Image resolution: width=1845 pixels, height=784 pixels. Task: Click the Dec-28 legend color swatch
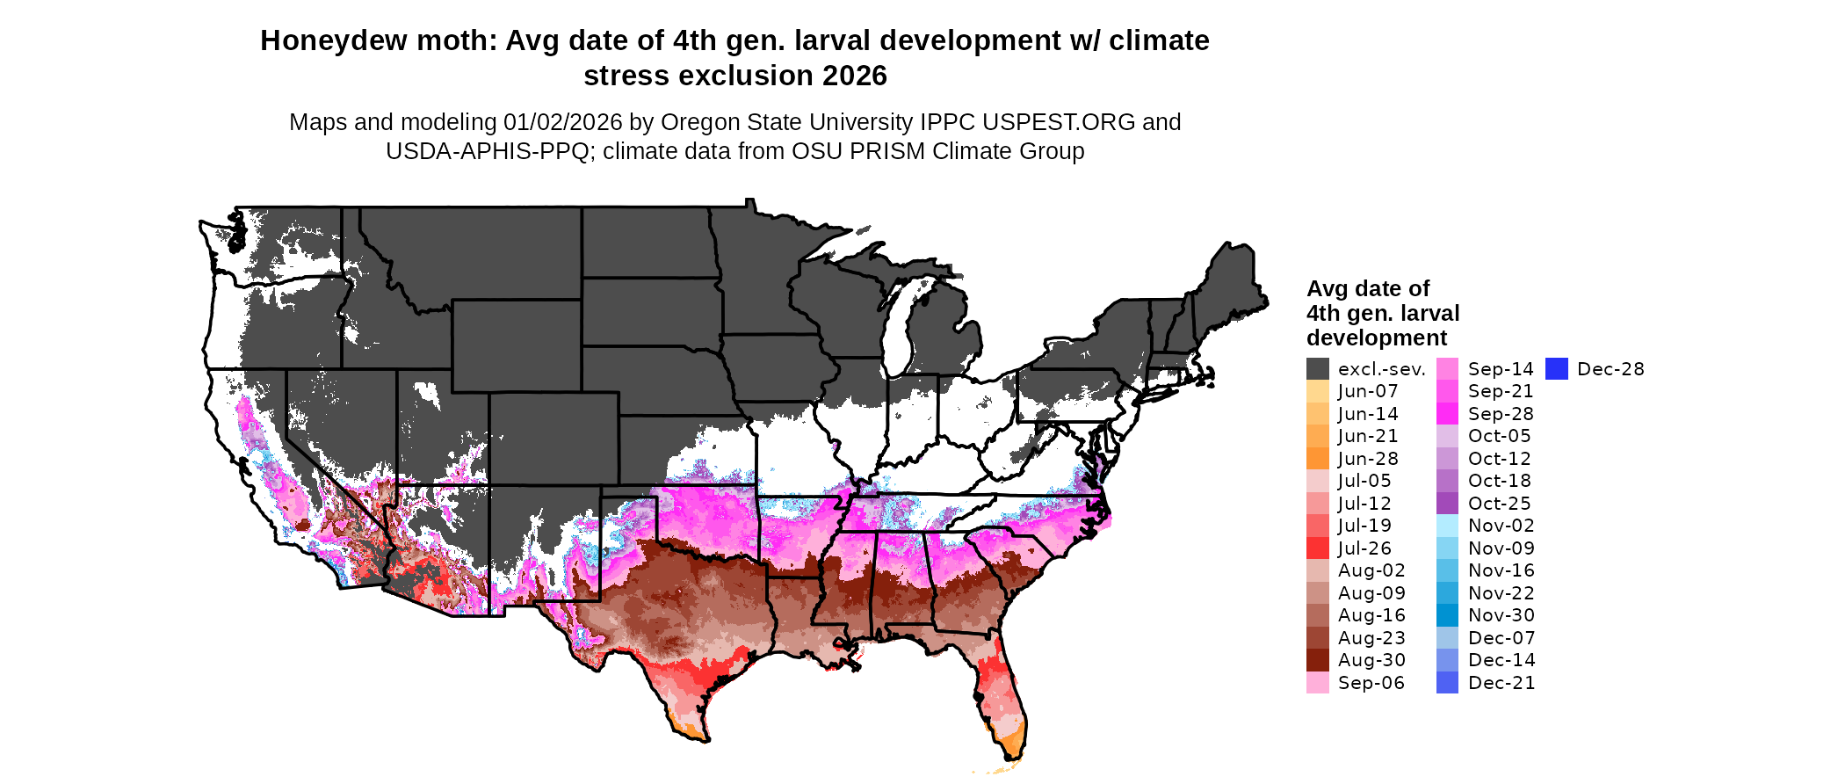point(1556,369)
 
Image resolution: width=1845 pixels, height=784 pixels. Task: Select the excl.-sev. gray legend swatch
point(1317,369)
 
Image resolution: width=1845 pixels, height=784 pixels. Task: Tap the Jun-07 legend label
point(1367,391)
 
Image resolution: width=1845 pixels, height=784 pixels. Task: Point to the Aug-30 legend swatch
point(1317,660)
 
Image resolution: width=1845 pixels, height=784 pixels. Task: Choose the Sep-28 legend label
point(1500,414)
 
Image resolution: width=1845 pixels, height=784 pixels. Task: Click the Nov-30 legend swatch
point(1447,615)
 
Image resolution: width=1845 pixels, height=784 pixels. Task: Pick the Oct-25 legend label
point(1499,504)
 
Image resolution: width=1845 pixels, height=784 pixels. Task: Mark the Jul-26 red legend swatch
point(1317,548)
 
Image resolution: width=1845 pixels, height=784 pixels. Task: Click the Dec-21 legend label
point(1501,683)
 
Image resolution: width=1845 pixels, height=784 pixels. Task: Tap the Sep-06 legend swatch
point(1317,683)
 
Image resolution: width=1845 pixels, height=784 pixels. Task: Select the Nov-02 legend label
point(1501,526)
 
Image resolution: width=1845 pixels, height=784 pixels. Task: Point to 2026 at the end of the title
point(854,76)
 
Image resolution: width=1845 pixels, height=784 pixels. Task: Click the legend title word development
point(1376,338)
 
